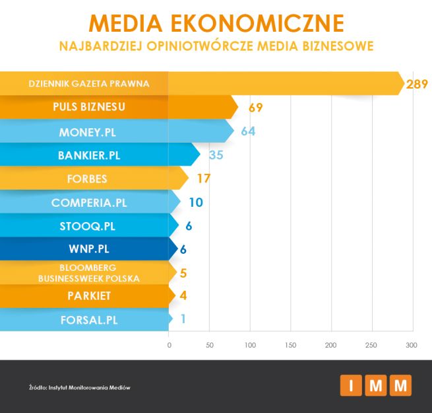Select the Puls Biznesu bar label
(88, 107)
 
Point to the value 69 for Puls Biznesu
(256, 108)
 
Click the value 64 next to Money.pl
(247, 131)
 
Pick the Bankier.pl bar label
(89, 156)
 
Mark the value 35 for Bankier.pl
(216, 156)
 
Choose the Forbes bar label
(87, 179)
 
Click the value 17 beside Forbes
(203, 178)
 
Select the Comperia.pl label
(88, 203)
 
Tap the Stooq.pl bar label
(87, 226)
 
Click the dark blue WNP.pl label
(87, 250)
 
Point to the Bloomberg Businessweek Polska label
(90, 273)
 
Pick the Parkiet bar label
(88, 296)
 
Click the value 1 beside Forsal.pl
(183, 319)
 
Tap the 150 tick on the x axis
(291, 346)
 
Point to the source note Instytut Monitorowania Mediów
(79, 387)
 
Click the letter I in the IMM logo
(351, 385)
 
